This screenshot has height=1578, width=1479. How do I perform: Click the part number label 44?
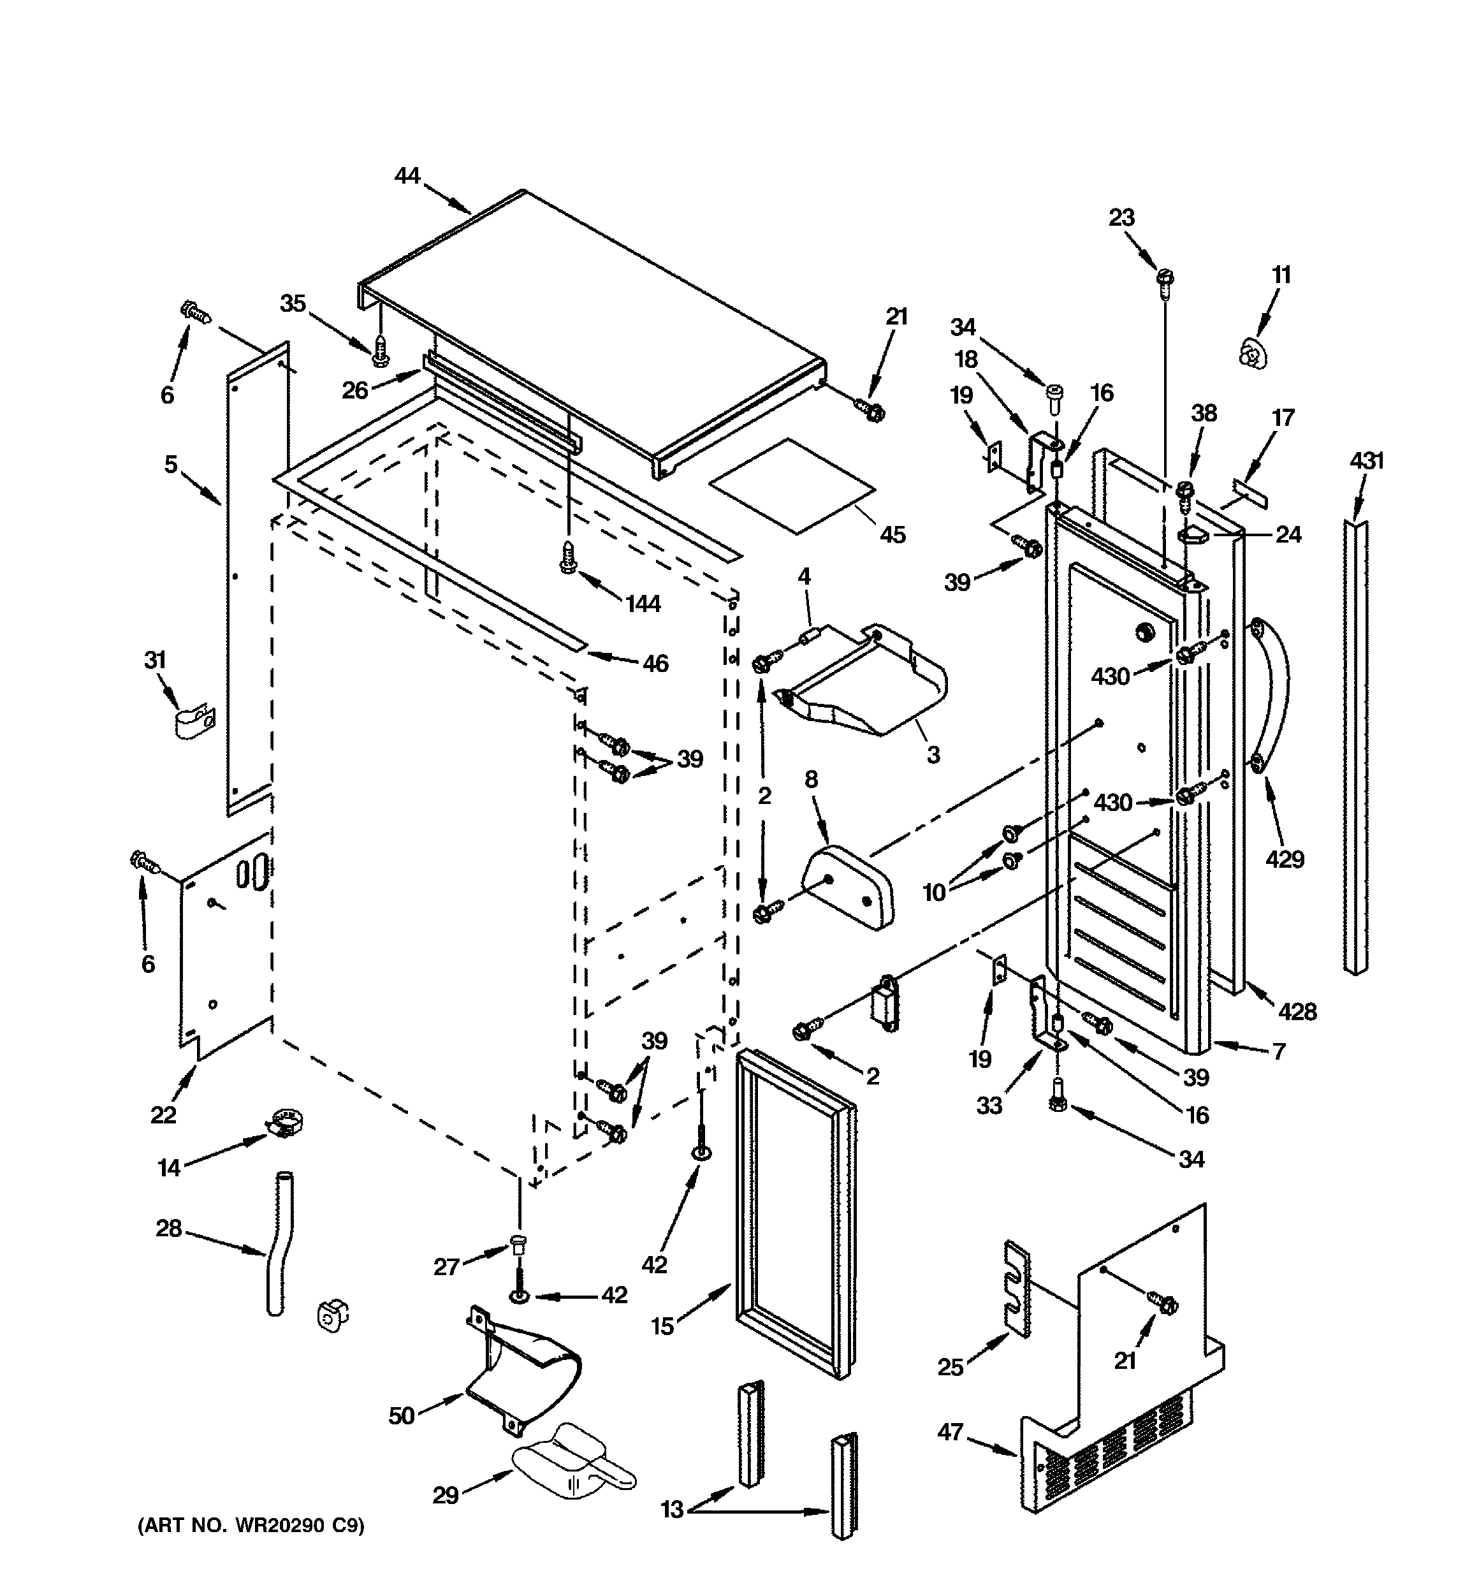point(407,175)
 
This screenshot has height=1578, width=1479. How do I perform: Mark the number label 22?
point(164,1115)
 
